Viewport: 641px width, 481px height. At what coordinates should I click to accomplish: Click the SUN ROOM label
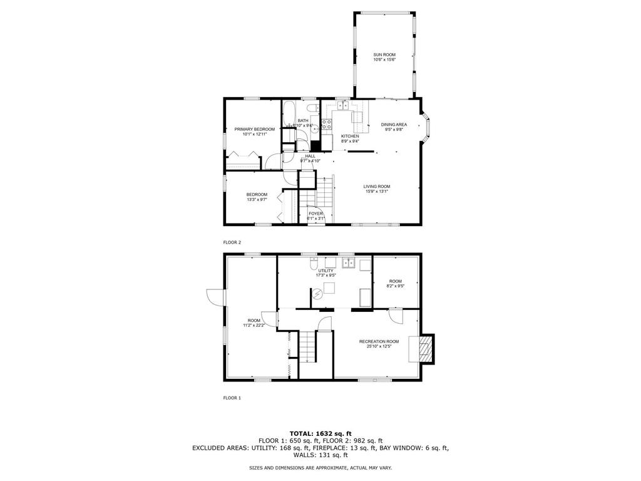coord(384,55)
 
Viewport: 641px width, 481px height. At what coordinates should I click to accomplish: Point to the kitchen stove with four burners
coord(326,125)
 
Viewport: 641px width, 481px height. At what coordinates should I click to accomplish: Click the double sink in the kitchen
coord(344,106)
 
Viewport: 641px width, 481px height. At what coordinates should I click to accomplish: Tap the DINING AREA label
coord(394,125)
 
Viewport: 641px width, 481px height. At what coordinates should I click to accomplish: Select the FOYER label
coord(315,214)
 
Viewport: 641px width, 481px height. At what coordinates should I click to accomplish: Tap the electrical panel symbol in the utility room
coord(317,292)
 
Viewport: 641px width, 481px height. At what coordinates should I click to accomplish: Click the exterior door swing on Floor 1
coord(215,297)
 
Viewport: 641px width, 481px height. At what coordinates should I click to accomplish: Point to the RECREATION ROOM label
coord(379,341)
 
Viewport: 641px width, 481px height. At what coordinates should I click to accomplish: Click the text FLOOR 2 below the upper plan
coord(232,242)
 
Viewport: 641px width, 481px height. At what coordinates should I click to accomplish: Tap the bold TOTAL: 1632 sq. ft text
coord(320,433)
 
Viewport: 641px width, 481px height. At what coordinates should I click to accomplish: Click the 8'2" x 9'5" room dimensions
coord(396,286)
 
